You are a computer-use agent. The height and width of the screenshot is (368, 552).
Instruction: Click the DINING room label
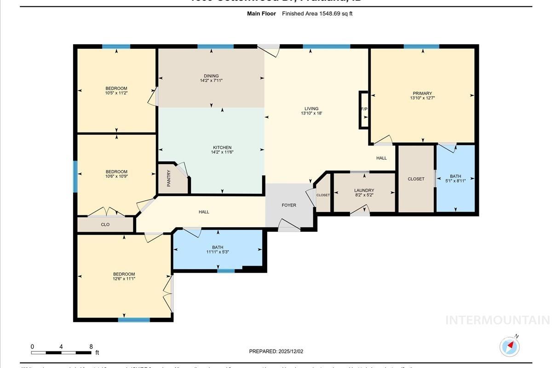coord(211,76)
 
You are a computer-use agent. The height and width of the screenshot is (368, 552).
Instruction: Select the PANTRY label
coord(169,178)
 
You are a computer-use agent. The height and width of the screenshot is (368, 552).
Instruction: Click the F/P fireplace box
coord(364,109)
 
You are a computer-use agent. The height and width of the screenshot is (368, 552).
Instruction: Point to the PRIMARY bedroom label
coord(422,93)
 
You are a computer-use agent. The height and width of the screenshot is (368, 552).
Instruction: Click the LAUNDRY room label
coord(364,190)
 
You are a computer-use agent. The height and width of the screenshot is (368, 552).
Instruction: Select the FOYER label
coord(289,205)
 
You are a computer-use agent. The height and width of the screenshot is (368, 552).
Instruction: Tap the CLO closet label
coord(105,224)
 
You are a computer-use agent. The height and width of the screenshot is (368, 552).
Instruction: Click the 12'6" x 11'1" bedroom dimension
coord(124,279)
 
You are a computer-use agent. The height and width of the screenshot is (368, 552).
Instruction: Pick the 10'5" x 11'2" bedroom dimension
coord(116,93)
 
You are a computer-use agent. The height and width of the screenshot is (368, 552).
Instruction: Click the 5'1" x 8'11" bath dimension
coord(455,181)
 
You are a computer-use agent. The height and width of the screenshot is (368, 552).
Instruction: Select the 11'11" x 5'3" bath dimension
coord(218,252)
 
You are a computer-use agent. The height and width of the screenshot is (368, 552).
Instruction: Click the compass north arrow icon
coord(509,346)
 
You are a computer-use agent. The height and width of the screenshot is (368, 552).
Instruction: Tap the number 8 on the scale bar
coord(91,346)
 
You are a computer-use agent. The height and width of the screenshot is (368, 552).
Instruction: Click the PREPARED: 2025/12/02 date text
coord(276,351)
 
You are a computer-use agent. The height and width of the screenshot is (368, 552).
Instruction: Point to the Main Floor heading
coord(261,14)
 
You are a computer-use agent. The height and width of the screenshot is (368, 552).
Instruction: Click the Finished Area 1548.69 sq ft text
coord(317,14)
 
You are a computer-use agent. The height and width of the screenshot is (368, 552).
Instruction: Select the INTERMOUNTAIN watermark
coord(498,320)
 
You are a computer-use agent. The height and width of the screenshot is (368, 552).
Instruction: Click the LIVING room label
coord(311,109)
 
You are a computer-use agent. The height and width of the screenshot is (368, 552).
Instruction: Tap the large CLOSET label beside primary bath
coord(416,179)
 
